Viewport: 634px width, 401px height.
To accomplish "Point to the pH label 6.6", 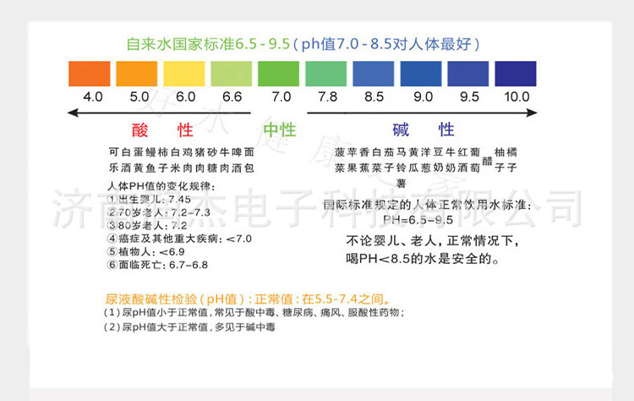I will click(x=232, y=97).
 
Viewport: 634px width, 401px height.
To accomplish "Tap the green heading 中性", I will click(x=279, y=130).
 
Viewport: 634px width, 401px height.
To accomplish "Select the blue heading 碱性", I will click(x=424, y=130).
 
